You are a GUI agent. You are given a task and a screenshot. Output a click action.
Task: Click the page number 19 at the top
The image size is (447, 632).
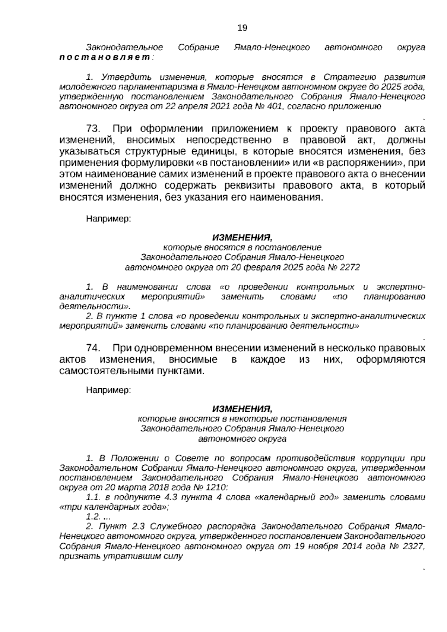[x=242, y=28]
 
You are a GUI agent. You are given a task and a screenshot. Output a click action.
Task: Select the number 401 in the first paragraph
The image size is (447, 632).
[x=275, y=106]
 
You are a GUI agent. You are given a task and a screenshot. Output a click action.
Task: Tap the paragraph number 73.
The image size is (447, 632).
[x=93, y=129]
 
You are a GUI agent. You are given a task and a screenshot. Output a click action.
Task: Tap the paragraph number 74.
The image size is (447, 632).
[x=93, y=348]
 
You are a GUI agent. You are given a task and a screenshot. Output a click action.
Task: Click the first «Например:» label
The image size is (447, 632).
[x=108, y=219]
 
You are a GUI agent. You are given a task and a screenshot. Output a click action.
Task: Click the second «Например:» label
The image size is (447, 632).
[x=108, y=390]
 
